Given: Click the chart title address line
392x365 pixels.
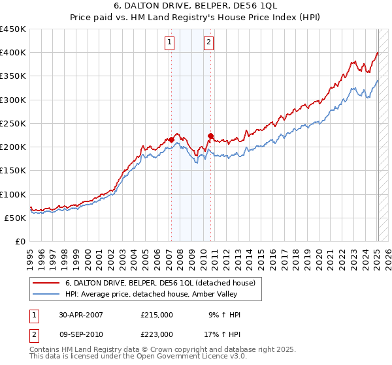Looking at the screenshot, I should (x=196, y=7).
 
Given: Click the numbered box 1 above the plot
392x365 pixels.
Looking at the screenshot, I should (x=169, y=43).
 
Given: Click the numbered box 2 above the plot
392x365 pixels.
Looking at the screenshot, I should (x=208, y=43).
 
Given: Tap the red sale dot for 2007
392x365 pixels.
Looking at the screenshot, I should (x=171, y=139).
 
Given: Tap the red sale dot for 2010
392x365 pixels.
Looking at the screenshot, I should (x=210, y=136).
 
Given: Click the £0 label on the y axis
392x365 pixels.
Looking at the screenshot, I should (x=21, y=241).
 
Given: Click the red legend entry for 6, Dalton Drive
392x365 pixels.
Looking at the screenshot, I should (x=163, y=283).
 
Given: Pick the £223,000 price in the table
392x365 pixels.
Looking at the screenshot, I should (x=156, y=334).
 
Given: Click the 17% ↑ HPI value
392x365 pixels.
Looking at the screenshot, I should (x=224, y=334).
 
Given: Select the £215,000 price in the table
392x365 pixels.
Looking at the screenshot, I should (x=156, y=315).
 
